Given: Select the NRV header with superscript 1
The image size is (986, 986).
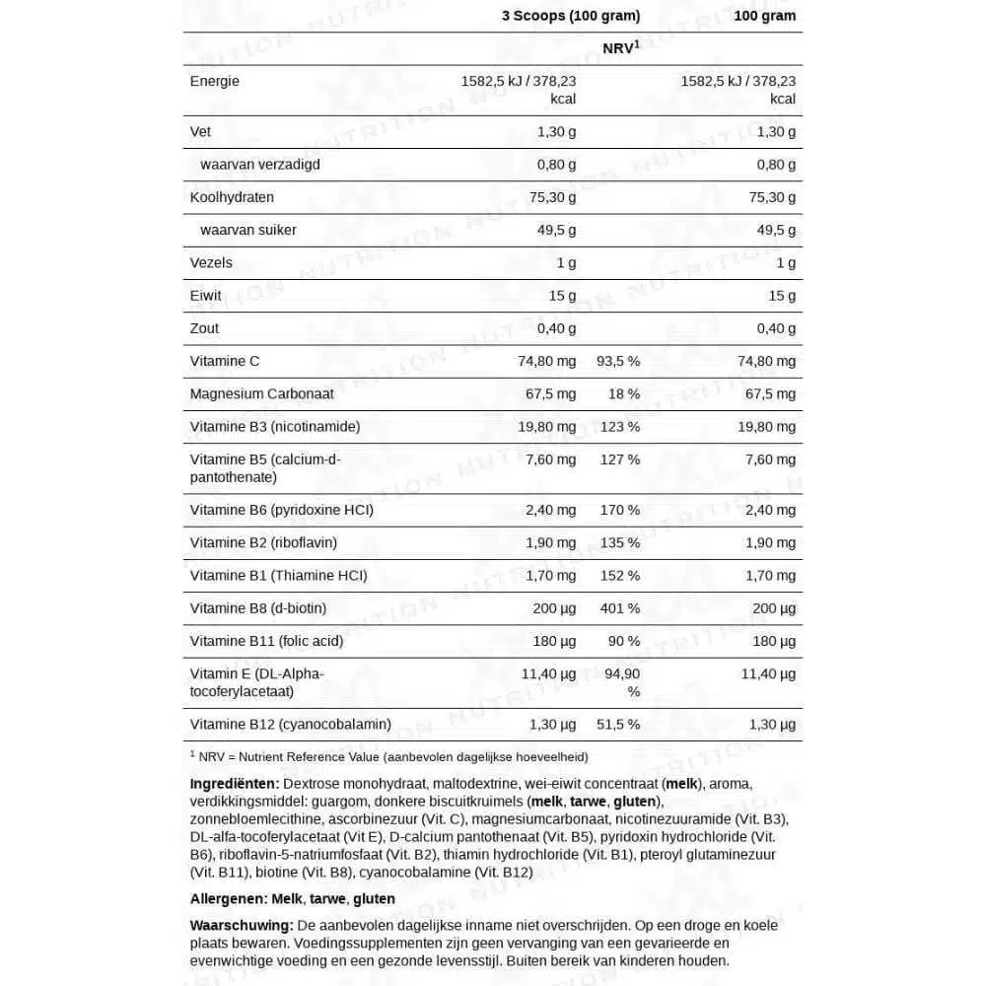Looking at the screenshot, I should [x=620, y=48].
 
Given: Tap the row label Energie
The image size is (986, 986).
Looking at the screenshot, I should [x=214, y=81].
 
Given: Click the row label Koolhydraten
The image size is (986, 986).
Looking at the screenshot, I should [x=232, y=197].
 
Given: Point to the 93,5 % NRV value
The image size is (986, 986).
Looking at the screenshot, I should [x=618, y=361].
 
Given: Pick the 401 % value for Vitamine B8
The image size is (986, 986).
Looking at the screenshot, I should [x=618, y=608].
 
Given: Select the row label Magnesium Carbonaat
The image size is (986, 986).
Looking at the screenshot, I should [x=261, y=393].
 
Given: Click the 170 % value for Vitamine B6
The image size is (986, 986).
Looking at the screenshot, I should [x=618, y=510].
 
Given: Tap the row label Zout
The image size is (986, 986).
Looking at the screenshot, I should [x=204, y=328].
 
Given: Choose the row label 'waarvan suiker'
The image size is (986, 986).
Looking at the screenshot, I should [x=247, y=230].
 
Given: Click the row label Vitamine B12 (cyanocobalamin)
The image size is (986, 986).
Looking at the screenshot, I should [x=290, y=724].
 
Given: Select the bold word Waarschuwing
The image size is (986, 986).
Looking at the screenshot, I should [x=241, y=925].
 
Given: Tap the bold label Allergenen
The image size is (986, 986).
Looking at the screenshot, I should [x=228, y=898].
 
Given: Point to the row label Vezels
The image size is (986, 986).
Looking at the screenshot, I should [x=211, y=262].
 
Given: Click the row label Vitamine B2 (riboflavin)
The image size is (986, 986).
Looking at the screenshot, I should [x=263, y=542].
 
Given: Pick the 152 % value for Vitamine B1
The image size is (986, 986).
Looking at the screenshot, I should [x=618, y=575].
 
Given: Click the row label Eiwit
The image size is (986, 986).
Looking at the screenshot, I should [x=205, y=295].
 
